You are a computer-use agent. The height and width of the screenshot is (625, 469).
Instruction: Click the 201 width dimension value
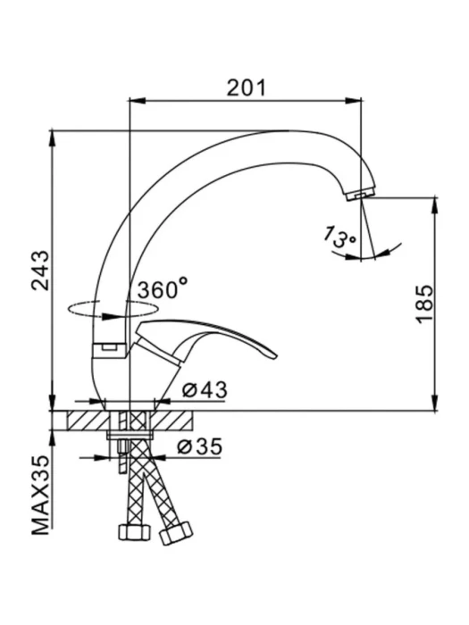pyautogui.click(x=246, y=88)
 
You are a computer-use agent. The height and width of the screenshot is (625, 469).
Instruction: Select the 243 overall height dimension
pyautogui.click(x=41, y=271)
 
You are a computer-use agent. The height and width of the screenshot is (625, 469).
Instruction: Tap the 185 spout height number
pyautogui.click(x=424, y=304)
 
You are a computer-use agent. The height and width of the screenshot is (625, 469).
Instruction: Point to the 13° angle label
pyautogui.click(x=339, y=237)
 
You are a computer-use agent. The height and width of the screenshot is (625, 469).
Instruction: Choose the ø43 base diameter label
pyautogui.click(x=205, y=390)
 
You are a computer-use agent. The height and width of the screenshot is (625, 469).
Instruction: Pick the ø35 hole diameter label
pyautogui.click(x=199, y=446)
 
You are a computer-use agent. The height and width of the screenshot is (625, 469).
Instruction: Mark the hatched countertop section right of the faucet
pyautogui.click(x=172, y=421)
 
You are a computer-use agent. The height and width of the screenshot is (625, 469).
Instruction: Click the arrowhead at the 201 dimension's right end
pyautogui.click(x=354, y=100)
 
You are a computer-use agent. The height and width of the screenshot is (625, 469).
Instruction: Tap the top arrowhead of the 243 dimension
pyautogui.click(x=52, y=137)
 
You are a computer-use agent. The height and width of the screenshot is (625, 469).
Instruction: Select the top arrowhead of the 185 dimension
pyautogui.click(x=435, y=204)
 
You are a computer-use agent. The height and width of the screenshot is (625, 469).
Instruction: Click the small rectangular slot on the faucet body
pyautogui.click(x=108, y=347)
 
